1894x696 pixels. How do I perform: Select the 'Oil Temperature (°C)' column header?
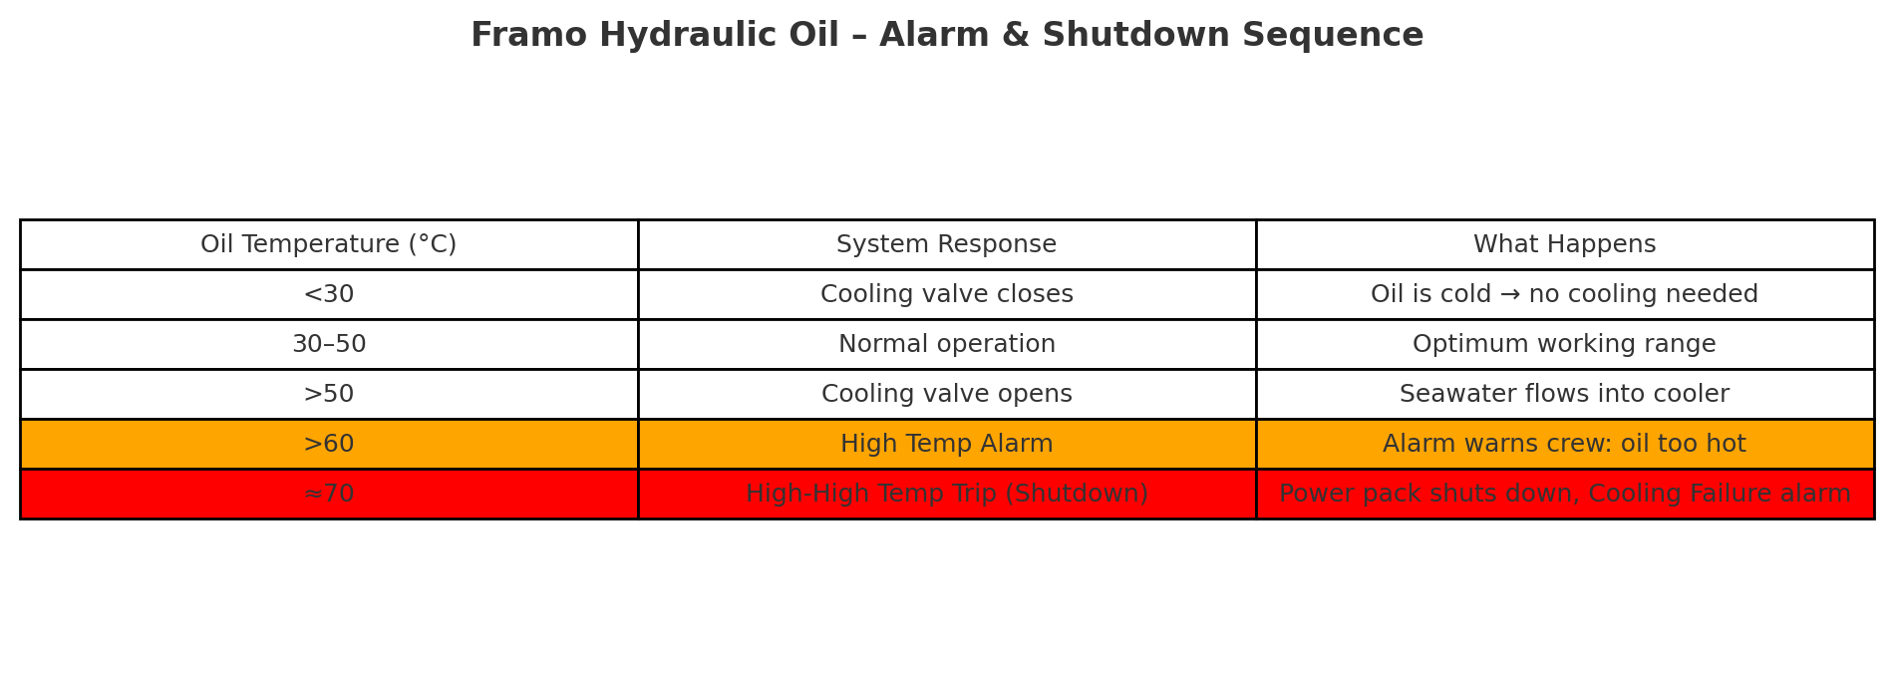[329, 244]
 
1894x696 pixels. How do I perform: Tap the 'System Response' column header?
[947, 244]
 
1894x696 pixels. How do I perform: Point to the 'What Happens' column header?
[1565, 244]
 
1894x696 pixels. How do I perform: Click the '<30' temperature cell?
[329, 294]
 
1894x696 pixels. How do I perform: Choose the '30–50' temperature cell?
[329, 344]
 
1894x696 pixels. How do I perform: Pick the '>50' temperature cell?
[329, 394]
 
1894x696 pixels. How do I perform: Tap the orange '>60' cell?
[329, 444]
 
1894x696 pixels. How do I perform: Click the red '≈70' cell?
[329, 494]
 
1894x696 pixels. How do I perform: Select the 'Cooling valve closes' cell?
[947, 294]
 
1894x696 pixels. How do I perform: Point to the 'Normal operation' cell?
[947, 344]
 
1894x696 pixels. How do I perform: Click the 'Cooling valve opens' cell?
[947, 394]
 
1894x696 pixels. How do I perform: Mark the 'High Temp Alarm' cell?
[947, 444]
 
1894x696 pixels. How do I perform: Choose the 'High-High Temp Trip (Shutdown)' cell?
[947, 494]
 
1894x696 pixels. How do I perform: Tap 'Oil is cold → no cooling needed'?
[1565, 294]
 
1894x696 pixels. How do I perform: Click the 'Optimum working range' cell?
[1565, 344]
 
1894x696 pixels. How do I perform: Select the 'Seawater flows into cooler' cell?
[1565, 394]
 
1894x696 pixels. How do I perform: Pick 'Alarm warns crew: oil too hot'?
[1565, 444]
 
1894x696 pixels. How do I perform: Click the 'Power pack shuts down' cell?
[1565, 494]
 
